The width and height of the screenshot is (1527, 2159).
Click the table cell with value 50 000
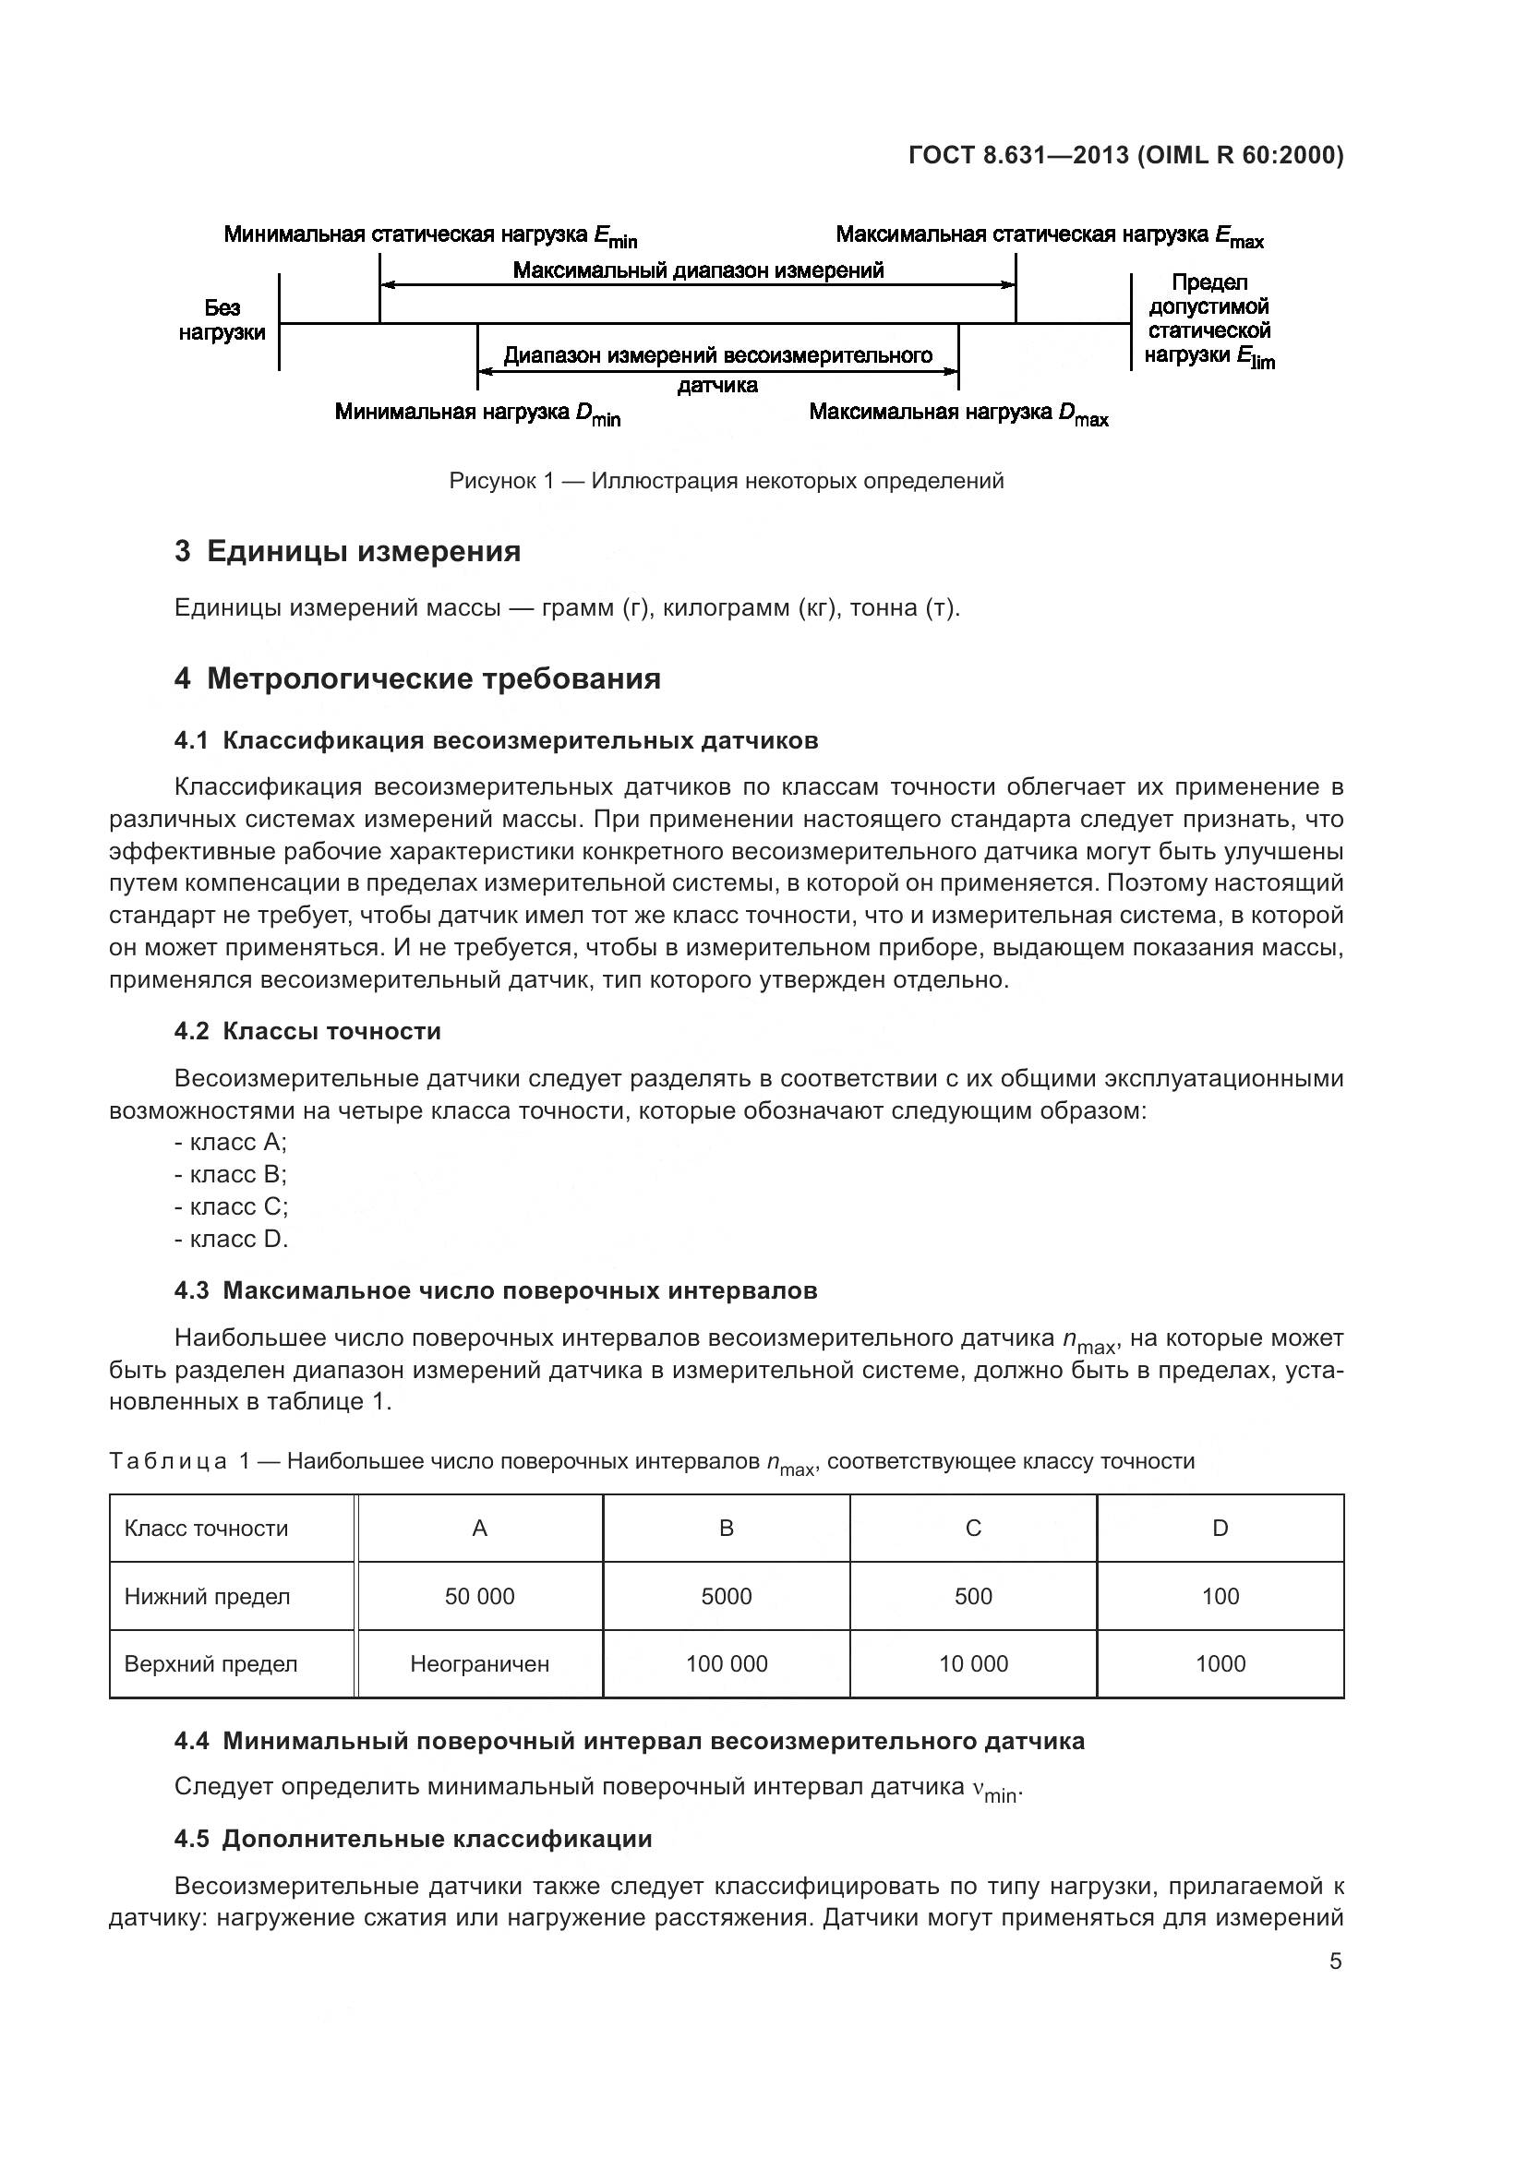pos(479,1597)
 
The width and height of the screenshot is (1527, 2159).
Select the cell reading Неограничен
pos(479,1664)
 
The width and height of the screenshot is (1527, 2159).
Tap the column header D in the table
pos(1220,1529)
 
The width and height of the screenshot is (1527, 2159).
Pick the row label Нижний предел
pos(207,1597)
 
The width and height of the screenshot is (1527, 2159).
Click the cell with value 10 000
pos(973,1664)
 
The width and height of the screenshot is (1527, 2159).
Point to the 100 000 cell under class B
pos(726,1664)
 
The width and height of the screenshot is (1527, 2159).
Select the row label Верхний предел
pos(210,1664)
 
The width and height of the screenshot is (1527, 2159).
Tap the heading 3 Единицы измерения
pos(347,551)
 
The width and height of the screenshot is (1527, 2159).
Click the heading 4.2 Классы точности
pos(307,1032)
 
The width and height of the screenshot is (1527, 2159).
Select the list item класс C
pos(232,1206)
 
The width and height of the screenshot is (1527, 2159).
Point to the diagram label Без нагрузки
pos(222,320)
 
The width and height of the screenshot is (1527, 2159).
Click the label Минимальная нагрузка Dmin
pos(477,414)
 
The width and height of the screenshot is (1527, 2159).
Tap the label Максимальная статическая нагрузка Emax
pos(1050,235)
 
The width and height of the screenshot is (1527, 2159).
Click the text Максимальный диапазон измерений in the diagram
pos(698,270)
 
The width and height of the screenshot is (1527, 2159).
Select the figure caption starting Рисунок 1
pos(726,482)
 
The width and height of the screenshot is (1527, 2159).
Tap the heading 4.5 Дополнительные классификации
pos(413,1840)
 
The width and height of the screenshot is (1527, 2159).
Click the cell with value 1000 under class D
pos(1220,1664)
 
